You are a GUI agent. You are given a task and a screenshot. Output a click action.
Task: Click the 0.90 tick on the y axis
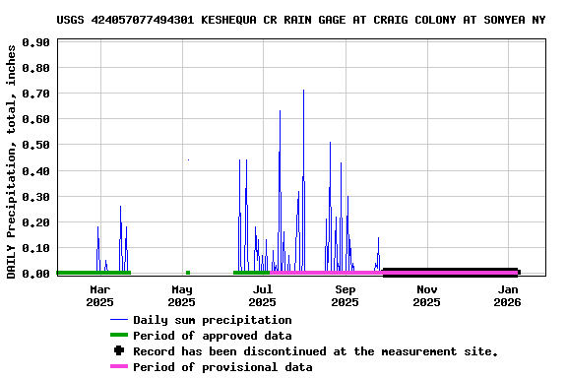click(x=35, y=43)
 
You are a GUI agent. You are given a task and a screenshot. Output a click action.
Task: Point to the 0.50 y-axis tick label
click(x=35, y=146)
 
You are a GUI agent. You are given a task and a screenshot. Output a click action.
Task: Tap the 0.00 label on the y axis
click(x=35, y=274)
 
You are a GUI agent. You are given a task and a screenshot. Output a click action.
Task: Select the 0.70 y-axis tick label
click(x=35, y=94)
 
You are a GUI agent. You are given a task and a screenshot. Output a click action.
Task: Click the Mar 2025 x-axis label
click(x=99, y=295)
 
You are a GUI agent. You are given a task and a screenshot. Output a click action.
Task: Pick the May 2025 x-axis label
click(x=182, y=295)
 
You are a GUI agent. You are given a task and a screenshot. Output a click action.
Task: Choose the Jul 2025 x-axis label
click(x=263, y=295)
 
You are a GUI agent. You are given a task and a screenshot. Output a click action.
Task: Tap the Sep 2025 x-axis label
click(x=346, y=295)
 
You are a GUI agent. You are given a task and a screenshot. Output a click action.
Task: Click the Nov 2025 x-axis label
click(x=426, y=295)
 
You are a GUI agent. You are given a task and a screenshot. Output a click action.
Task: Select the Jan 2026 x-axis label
click(x=508, y=295)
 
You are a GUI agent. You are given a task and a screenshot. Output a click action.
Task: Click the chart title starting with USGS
click(x=300, y=20)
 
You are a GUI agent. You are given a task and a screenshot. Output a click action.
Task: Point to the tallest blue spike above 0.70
click(x=303, y=92)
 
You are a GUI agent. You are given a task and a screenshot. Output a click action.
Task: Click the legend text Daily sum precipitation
click(x=213, y=320)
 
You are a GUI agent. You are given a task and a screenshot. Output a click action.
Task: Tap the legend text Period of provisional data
click(x=222, y=367)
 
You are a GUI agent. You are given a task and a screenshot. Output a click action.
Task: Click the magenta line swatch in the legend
click(x=119, y=367)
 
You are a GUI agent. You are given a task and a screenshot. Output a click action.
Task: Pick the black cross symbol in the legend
click(x=119, y=351)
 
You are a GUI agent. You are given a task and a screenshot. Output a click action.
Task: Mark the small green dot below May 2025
click(x=187, y=273)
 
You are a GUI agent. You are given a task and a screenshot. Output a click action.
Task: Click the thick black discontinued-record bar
click(x=450, y=273)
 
